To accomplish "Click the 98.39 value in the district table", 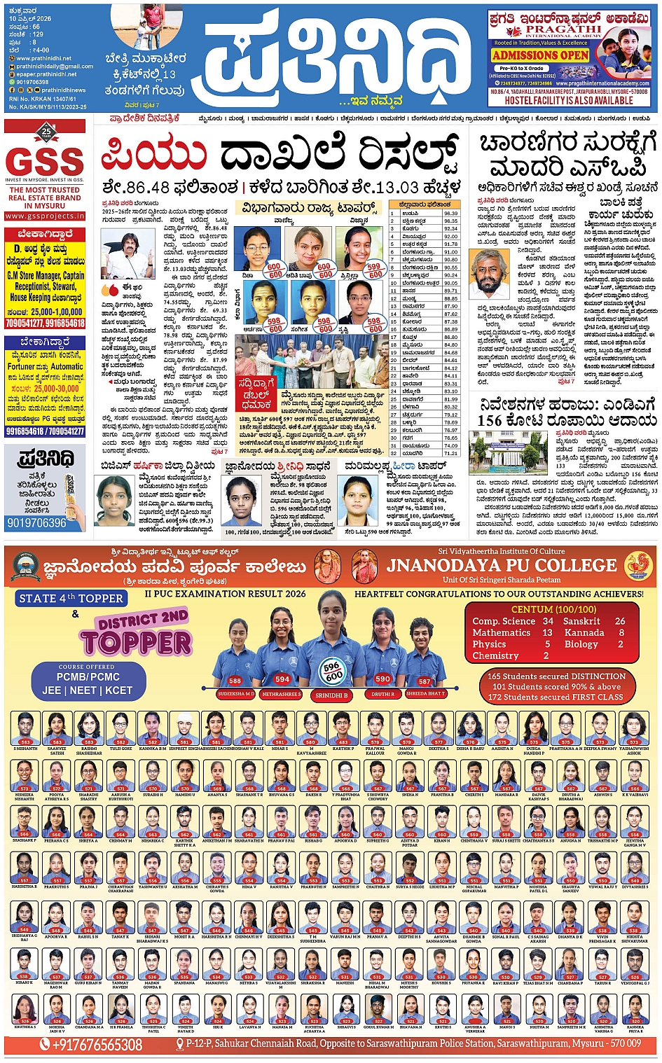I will point(450,214).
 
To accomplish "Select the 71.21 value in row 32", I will point(450,453).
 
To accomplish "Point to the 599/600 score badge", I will point(374,270).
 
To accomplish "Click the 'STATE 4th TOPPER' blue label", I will point(71,598).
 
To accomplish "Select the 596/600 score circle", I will point(333,671).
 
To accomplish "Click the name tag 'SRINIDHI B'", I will point(331,695).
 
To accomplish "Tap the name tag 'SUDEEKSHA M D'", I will point(235,694).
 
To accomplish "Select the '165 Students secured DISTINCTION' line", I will point(556,676).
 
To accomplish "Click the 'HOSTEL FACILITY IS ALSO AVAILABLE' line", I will point(569,101).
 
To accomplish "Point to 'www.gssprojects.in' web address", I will point(45,216).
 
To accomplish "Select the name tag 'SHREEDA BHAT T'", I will point(425,694).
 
